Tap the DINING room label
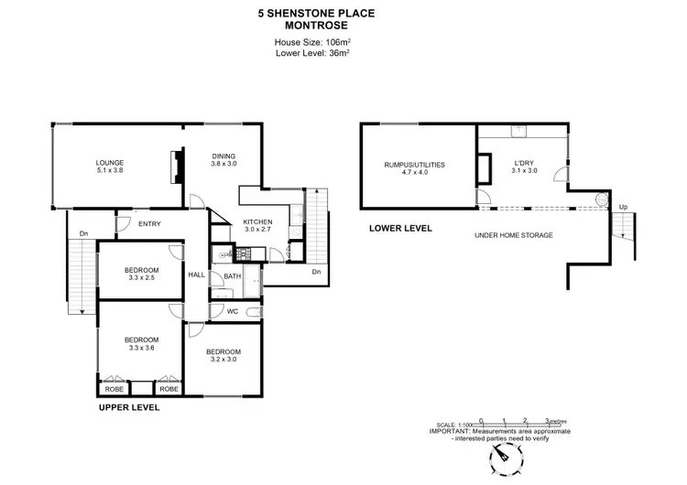[x=224, y=155]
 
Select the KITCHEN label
[x=258, y=222]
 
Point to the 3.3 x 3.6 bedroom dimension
[x=142, y=348]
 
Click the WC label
[x=233, y=311]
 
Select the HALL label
[x=197, y=275]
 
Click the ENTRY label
[x=149, y=222]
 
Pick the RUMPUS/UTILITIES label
[x=414, y=165]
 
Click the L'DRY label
[x=524, y=165]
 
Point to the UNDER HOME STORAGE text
[x=513, y=235]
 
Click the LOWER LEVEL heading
[x=399, y=227]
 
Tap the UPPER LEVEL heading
[x=128, y=407]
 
